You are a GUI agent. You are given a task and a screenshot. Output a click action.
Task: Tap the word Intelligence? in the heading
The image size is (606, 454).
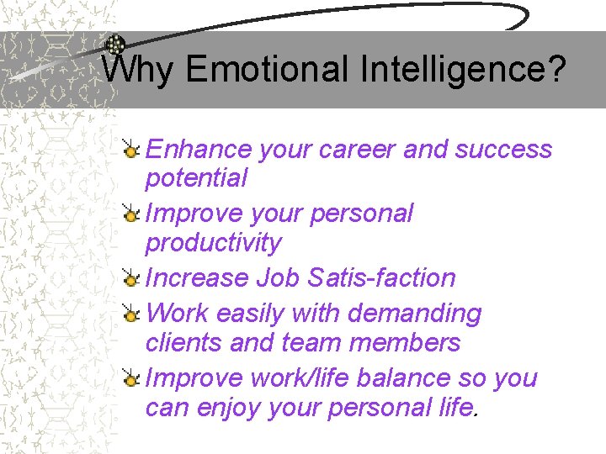[461, 69]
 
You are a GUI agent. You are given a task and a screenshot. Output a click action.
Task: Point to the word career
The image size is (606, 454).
[357, 150]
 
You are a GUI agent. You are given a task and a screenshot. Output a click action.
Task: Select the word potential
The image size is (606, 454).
[196, 178]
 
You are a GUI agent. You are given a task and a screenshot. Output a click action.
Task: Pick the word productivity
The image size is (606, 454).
[213, 243]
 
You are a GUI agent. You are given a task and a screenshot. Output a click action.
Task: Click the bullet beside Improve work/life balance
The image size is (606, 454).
[130, 379]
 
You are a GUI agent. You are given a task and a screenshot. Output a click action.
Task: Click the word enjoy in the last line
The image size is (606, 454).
[230, 408]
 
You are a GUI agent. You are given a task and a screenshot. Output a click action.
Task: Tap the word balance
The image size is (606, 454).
[406, 378]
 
